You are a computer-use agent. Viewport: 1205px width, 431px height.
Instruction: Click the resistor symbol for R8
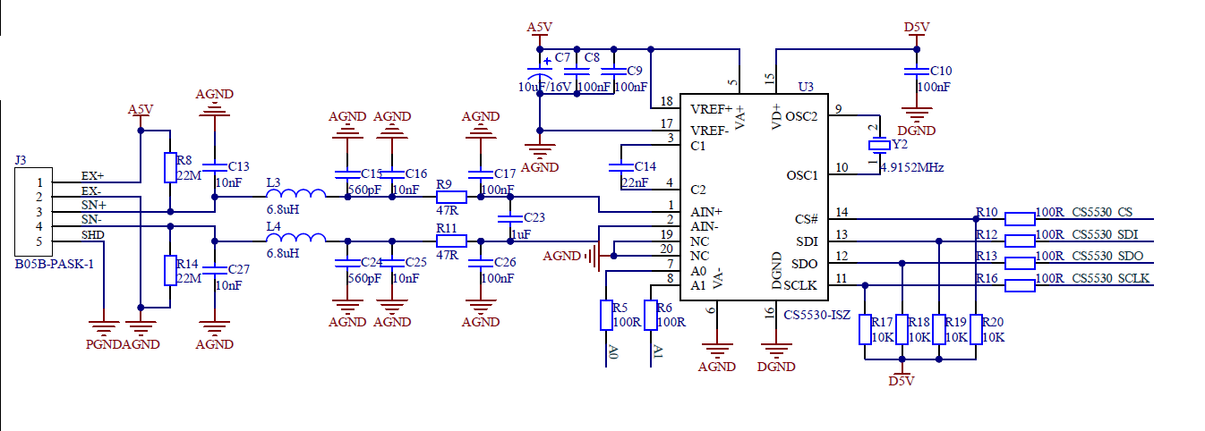pyautogui.click(x=169, y=167)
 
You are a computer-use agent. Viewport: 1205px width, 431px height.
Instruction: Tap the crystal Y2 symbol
pyautogui.click(x=878, y=145)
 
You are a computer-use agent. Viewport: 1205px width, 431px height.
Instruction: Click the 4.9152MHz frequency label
pyautogui.click(x=911, y=167)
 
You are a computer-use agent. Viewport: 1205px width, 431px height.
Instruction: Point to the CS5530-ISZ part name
pyautogui.click(x=816, y=315)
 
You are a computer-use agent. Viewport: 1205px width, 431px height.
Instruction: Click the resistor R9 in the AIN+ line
pyautogui.click(x=451, y=198)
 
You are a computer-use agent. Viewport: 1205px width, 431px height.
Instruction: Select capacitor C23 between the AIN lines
pyautogui.click(x=509, y=219)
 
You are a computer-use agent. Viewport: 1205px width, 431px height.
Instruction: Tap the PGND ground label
pyautogui.click(x=103, y=344)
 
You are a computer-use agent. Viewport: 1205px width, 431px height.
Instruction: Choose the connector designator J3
pyautogui.click(x=21, y=160)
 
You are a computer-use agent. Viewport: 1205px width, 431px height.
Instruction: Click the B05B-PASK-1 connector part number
pyautogui.click(x=54, y=265)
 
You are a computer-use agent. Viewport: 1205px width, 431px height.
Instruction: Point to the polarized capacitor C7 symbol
pyautogui.click(x=540, y=71)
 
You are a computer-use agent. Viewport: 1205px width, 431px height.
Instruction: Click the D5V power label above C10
pyautogui.click(x=916, y=28)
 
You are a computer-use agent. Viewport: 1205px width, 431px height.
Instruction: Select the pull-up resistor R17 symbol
pyautogui.click(x=865, y=329)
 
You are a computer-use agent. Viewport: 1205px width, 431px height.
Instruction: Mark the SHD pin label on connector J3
pyautogui.click(x=92, y=234)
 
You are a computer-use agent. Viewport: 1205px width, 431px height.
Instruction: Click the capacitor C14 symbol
pyautogui.click(x=617, y=167)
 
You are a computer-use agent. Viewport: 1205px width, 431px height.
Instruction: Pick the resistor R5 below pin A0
pyautogui.click(x=606, y=315)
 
